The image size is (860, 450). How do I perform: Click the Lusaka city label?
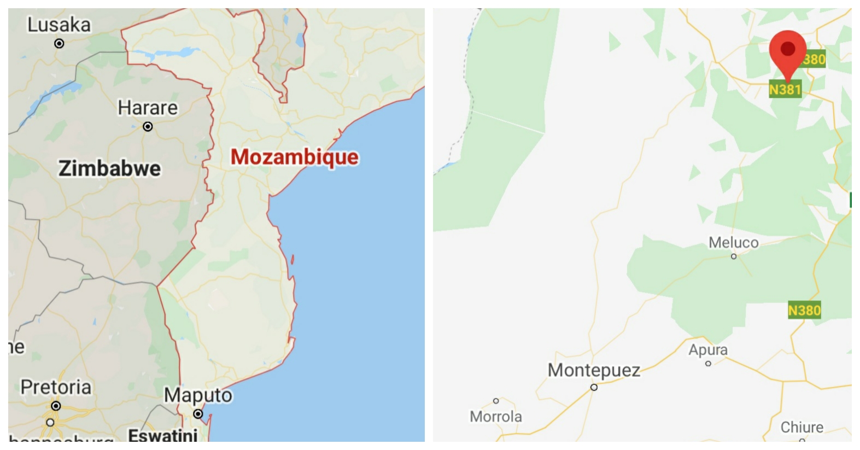click(59, 25)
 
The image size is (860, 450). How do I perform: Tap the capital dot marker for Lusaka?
click(59, 43)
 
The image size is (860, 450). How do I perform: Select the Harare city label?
click(148, 108)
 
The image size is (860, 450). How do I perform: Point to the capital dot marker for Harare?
click(148, 126)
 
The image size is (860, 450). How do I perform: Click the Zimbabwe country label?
click(110, 168)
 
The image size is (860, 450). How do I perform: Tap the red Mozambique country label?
click(295, 157)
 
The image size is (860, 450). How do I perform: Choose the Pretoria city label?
click(56, 387)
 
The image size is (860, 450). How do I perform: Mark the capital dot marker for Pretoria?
click(56, 406)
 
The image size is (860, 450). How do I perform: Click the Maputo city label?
click(198, 395)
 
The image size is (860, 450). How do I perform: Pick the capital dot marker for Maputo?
click(198, 414)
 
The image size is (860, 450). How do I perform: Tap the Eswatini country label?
click(162, 436)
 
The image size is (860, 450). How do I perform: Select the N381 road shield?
click(785, 89)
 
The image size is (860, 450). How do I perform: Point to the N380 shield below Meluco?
click(804, 311)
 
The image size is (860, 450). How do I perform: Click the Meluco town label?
click(734, 242)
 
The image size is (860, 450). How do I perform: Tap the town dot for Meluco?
click(734, 256)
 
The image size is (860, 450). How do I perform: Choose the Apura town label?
click(708, 350)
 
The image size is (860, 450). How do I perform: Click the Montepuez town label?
click(594, 370)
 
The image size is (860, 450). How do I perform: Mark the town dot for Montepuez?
click(594, 387)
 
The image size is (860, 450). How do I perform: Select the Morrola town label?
click(496, 417)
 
